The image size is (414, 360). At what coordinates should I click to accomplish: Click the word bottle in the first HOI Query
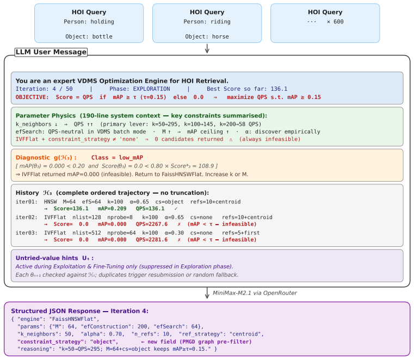pyautogui.click(x=102, y=36)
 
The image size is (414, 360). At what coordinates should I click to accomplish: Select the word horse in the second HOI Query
pyautogui.click(x=220, y=36)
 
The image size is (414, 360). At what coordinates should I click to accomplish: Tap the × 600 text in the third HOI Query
pyautogui.click(x=335, y=22)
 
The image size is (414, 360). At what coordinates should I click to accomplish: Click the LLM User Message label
pyautogui.click(x=51, y=52)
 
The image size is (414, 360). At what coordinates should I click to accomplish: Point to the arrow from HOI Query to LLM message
pyautogui.click(x=207, y=48)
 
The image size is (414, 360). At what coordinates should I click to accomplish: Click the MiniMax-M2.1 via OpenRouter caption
pyautogui.click(x=255, y=293)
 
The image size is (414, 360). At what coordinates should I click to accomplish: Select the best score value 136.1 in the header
pyautogui.click(x=279, y=89)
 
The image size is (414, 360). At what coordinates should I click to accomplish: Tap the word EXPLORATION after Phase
pyautogui.click(x=151, y=89)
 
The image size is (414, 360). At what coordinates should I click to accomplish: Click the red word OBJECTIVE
pyautogui.click(x=32, y=97)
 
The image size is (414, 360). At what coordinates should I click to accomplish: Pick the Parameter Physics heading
pyautogui.click(x=46, y=116)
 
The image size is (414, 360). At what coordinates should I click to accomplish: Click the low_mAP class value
pyautogui.click(x=131, y=158)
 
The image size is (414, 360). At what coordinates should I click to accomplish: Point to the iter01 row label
pyautogui.click(x=26, y=202)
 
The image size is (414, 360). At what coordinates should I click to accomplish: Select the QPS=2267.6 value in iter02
pyautogui.click(x=152, y=224)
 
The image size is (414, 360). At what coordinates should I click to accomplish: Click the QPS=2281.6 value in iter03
pyautogui.click(x=152, y=240)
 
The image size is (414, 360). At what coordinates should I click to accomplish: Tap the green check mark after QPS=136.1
pyautogui.click(x=176, y=209)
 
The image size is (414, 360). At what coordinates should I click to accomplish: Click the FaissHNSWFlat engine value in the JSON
pyautogui.click(x=72, y=319)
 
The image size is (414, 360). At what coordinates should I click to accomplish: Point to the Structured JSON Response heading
pyautogui.click(x=80, y=311)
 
